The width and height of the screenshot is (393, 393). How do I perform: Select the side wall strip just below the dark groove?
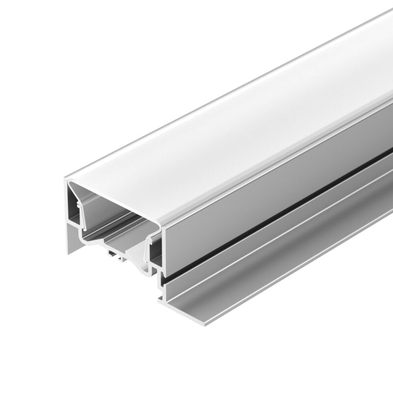pyautogui.click(x=275, y=231)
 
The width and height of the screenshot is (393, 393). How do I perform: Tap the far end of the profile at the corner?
pyautogui.click(x=388, y=15)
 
